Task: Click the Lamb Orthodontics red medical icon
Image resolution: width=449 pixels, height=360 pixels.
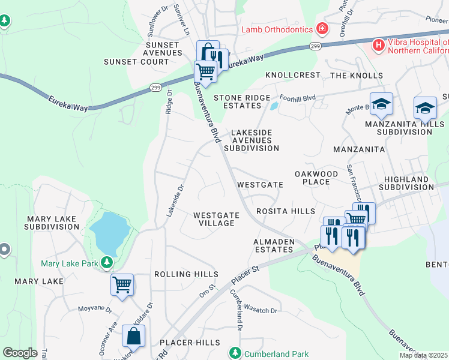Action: pyautogui.click(x=322, y=29)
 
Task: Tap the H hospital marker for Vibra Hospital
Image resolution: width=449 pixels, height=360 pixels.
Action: pyautogui.click(x=379, y=45)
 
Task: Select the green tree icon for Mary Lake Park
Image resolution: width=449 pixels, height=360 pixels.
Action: pyautogui.click(x=107, y=263)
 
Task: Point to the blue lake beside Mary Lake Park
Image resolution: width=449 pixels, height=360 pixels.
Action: pyautogui.click(x=109, y=233)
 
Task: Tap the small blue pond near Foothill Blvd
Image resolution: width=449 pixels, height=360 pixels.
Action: pyautogui.click(x=274, y=106)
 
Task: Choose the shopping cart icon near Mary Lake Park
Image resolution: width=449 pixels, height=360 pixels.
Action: pyautogui.click(x=122, y=284)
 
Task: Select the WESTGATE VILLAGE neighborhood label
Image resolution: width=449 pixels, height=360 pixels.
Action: pyautogui.click(x=216, y=219)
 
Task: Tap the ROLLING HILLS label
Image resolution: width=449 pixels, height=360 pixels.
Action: pyautogui.click(x=182, y=274)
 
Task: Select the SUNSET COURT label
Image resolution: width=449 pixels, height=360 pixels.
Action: pyautogui.click(x=136, y=62)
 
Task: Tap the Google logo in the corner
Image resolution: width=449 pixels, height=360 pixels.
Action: pyautogui.click(x=20, y=352)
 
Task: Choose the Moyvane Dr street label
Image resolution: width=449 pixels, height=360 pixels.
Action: pyautogui.click(x=95, y=310)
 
